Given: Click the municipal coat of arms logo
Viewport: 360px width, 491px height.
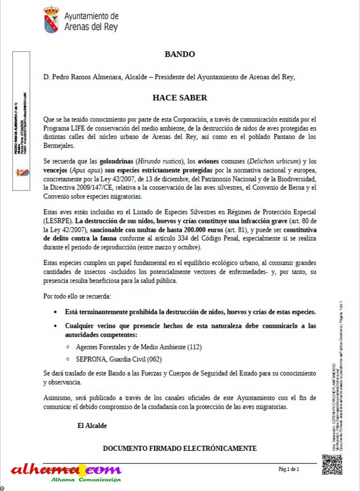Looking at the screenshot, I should [51, 19].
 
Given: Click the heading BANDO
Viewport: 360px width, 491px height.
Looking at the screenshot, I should [179, 54].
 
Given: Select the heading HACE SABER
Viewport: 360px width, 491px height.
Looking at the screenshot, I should [180, 97].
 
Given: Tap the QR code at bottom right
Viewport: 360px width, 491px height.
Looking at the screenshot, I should [332, 464].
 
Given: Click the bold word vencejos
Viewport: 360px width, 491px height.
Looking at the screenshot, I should [56, 169].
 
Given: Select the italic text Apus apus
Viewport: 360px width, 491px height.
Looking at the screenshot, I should [87, 169].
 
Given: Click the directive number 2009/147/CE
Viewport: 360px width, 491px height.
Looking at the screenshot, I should [99, 187].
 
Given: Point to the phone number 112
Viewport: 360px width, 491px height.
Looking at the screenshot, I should [194, 347].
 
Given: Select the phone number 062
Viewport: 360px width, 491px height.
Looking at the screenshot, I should [154, 359].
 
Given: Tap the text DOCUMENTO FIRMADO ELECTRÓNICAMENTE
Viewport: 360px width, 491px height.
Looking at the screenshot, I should [179, 448].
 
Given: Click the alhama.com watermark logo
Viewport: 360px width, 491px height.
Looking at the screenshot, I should [66, 471].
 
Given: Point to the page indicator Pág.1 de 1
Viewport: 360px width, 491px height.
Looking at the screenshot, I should [288, 469].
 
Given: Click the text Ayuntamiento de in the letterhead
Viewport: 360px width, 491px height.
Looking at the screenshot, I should [91, 17].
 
